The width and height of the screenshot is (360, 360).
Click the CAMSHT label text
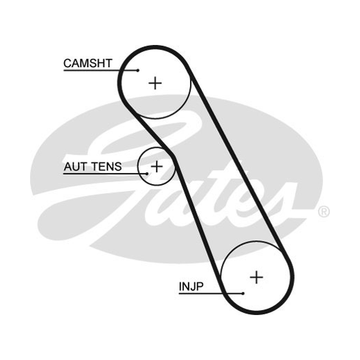pos(88,63)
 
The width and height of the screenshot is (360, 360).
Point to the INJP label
pos(191,286)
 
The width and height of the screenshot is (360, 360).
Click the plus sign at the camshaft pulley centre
pos(155,83)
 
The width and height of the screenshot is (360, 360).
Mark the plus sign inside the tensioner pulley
pos(157,166)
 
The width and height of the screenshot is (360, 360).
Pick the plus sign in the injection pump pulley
pos(256,277)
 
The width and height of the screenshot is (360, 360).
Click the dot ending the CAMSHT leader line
pos(138,71)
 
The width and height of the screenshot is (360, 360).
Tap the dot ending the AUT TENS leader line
pos(147,174)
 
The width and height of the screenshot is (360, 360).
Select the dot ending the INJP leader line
pos(243,293)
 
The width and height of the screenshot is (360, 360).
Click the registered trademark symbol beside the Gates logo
pos(324,211)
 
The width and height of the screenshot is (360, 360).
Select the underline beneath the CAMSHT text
pos(100,70)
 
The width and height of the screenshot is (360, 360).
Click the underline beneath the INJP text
pos(211,293)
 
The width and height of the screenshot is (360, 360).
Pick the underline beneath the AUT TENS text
pos(105,174)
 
